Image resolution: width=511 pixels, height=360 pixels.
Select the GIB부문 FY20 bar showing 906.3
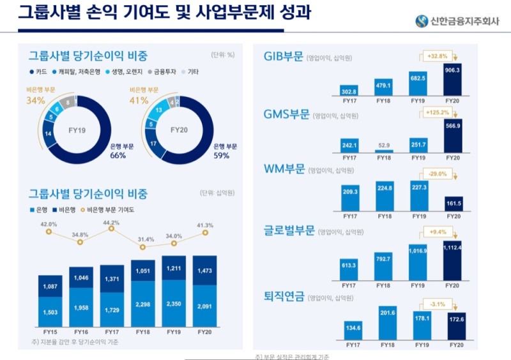(x=452, y=79)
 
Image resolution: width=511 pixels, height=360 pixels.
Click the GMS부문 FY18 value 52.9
(x=383, y=145)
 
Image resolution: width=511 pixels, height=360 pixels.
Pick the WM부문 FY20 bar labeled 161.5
(x=452, y=204)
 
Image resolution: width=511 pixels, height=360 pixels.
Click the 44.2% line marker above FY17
(x=111, y=229)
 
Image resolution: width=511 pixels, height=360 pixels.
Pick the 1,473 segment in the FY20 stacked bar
(x=204, y=271)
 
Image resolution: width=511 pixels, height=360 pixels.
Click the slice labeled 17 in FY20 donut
(x=153, y=144)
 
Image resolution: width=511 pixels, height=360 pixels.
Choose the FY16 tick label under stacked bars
(x=80, y=332)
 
